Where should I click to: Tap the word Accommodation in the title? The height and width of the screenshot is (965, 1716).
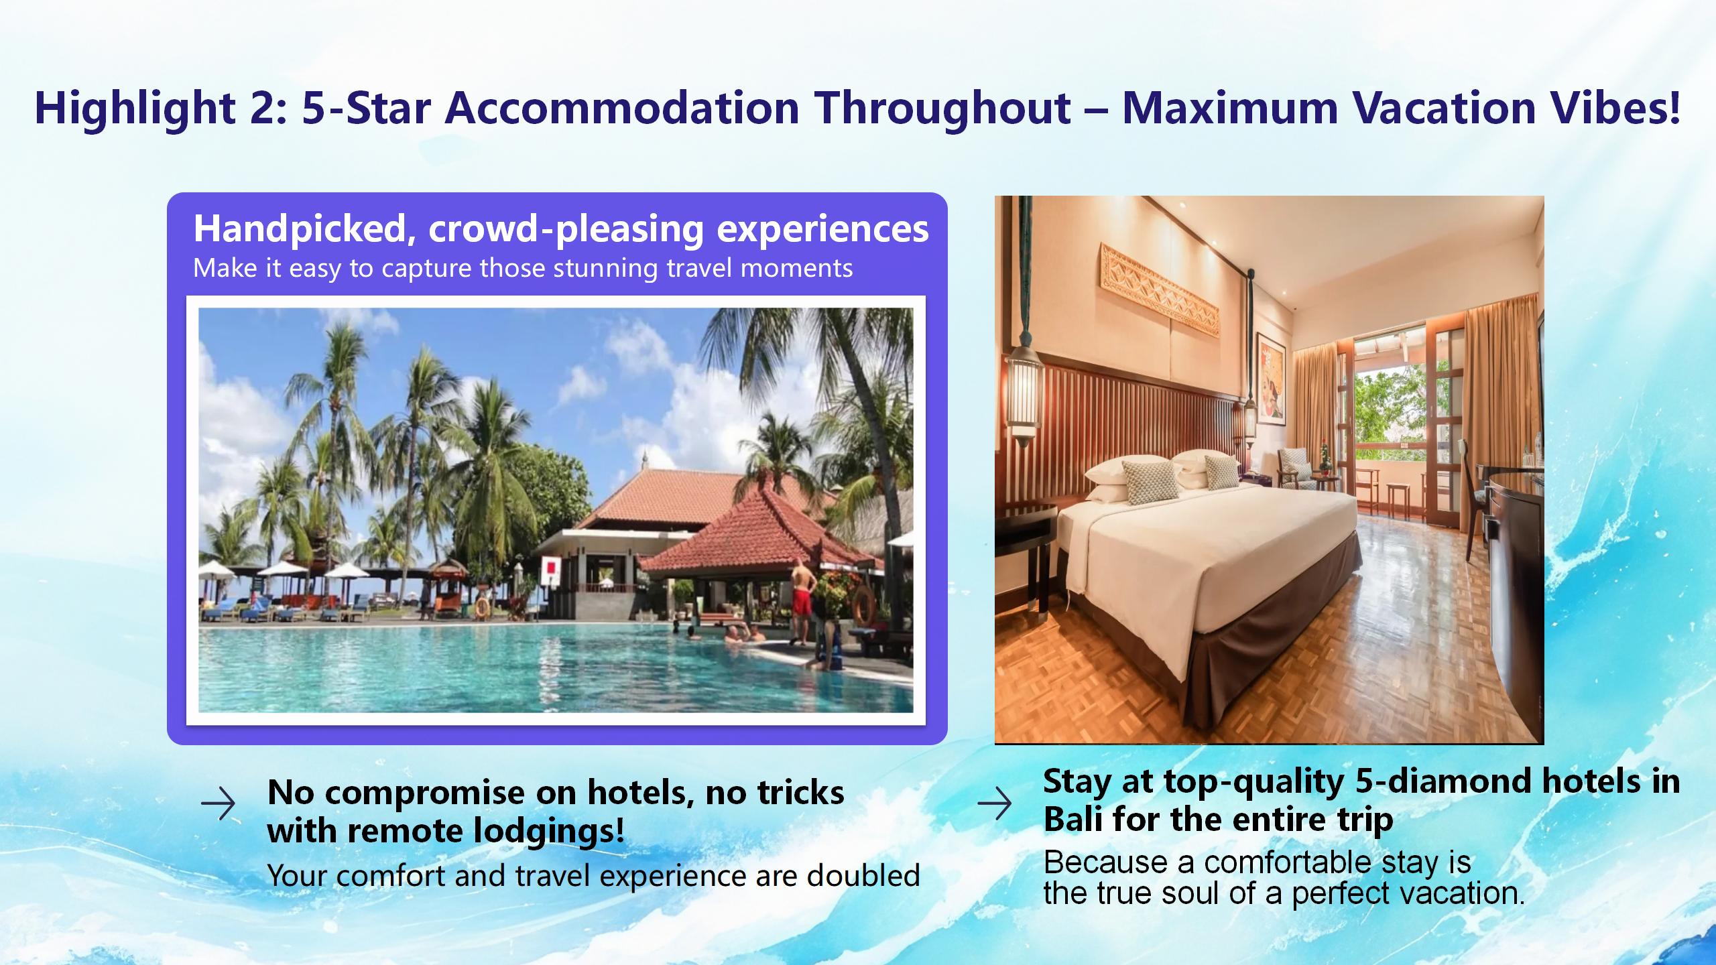click(622, 107)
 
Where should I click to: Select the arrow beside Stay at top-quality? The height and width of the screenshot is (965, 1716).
click(995, 803)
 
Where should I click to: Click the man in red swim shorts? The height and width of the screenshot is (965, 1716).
click(802, 600)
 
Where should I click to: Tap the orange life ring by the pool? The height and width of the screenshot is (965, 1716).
click(864, 604)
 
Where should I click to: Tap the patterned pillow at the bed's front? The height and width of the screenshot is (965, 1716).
click(1147, 481)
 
